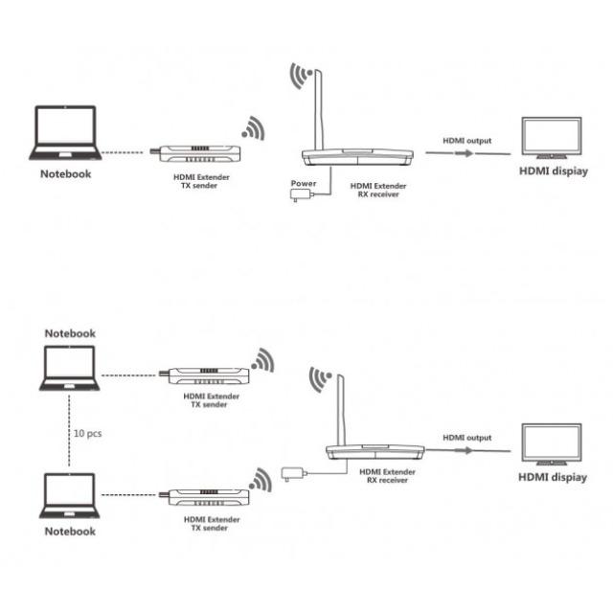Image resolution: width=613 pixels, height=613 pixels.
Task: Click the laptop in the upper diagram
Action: tap(65, 133)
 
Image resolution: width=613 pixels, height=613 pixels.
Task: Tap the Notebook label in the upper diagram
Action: tap(66, 174)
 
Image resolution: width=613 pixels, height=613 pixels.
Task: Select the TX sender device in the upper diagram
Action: tap(195, 153)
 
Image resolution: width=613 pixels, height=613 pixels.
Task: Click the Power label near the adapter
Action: tap(304, 183)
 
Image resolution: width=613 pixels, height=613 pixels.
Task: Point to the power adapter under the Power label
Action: tap(301, 194)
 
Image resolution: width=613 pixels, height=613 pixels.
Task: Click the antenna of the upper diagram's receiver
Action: tap(319, 110)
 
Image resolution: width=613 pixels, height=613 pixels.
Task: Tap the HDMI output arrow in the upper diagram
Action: tap(468, 153)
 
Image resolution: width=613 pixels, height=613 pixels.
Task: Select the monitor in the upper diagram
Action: tap(552, 138)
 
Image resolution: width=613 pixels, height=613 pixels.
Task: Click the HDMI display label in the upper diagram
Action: tap(554, 171)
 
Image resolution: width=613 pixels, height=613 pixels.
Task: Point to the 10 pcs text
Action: tap(87, 433)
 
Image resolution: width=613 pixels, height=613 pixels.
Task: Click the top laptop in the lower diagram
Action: tap(70, 368)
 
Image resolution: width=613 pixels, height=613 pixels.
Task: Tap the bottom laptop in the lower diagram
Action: tap(70, 496)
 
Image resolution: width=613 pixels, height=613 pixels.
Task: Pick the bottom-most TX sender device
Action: tap(204, 496)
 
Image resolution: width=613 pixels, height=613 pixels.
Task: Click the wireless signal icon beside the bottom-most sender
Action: tap(261, 481)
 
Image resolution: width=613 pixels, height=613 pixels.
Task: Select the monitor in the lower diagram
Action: tap(552, 444)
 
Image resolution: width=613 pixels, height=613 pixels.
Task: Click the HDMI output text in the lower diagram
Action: tap(467, 438)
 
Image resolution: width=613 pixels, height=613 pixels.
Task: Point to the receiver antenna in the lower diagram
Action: tap(341, 410)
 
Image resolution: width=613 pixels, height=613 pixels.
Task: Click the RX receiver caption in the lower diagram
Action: tap(387, 476)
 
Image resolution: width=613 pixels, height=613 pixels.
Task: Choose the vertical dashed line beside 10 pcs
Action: tap(69, 431)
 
